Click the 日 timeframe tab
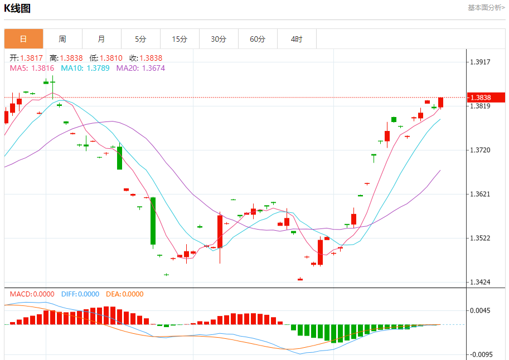(23, 39)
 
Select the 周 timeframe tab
(62, 39)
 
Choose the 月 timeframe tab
(101, 39)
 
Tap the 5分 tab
(140, 39)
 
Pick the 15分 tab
(180, 39)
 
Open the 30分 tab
(219, 39)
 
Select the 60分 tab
(258, 39)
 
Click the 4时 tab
(297, 39)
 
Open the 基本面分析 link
(486, 8)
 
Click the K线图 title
(17, 8)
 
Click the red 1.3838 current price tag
(486, 98)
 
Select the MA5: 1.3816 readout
(32, 68)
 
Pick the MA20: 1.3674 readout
(140, 68)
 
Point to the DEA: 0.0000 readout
(125, 294)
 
